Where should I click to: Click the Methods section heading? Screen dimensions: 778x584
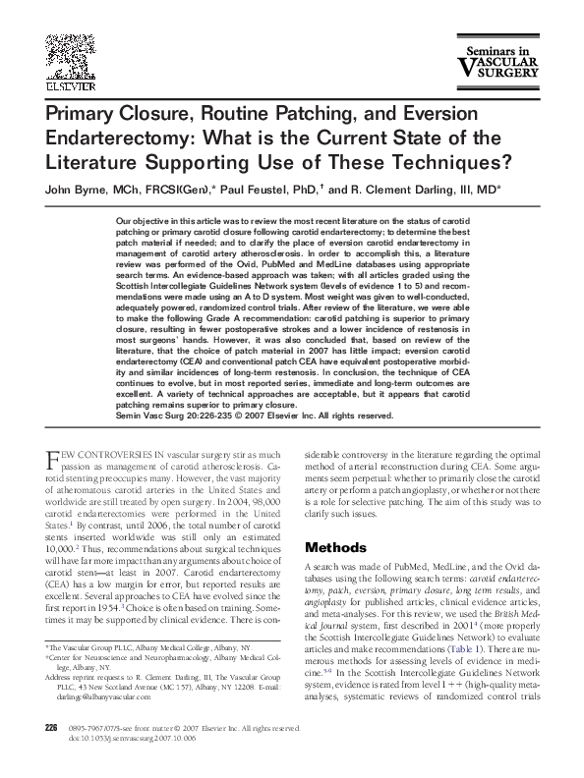pos(336,546)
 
